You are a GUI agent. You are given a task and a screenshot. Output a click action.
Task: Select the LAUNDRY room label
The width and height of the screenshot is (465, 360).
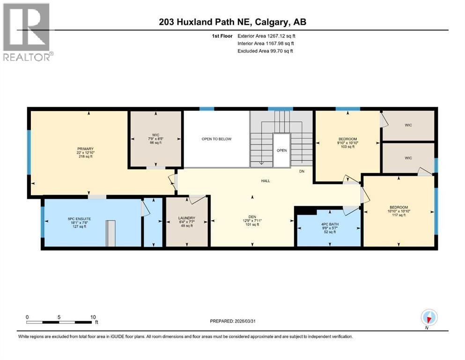tap(186, 218)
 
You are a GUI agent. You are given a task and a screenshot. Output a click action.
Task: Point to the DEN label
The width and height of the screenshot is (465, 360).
tap(252, 217)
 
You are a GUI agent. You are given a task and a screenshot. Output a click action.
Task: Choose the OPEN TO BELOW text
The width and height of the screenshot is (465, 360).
tap(216, 139)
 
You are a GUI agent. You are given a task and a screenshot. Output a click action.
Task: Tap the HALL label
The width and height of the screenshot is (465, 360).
tap(266, 181)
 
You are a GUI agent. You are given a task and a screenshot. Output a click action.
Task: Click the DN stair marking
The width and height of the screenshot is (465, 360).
tap(302, 171)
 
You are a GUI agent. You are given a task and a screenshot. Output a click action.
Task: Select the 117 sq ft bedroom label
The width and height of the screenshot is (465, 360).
tap(399, 208)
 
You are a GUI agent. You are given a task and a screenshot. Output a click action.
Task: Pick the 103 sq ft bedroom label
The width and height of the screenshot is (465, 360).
tap(347, 139)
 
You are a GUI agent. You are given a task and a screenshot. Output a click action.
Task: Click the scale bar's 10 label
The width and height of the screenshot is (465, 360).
tap(93, 317)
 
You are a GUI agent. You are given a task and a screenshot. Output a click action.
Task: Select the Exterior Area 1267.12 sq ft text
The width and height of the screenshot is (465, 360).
tap(266, 36)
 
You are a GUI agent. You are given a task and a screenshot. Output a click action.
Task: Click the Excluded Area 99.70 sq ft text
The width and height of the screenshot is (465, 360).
tap(265, 51)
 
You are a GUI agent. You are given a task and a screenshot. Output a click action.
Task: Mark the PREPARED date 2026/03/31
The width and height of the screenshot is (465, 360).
tap(233, 321)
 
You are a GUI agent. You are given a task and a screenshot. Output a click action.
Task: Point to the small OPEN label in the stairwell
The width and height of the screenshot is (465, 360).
tap(281, 150)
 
